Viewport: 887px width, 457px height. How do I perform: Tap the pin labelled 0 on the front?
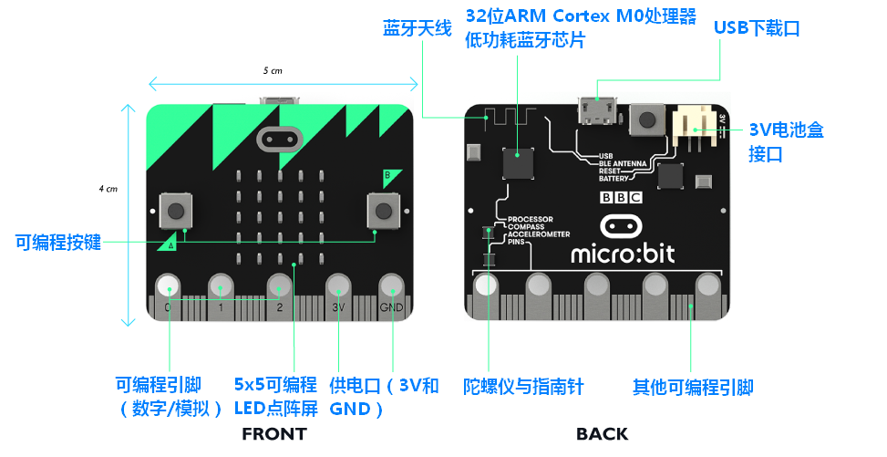168,286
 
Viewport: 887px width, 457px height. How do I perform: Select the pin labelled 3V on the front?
338,286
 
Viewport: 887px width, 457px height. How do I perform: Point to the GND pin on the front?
391,286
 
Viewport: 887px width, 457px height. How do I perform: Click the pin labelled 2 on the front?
279,286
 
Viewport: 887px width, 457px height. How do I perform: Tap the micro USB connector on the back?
596,113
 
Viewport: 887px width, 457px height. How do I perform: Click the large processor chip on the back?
519,161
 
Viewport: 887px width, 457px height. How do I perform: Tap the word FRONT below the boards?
273,434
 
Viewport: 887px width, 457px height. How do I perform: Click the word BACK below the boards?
602,434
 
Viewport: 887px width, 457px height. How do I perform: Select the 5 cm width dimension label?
273,70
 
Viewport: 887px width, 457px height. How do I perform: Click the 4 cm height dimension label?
108,189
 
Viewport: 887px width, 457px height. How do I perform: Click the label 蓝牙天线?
417,28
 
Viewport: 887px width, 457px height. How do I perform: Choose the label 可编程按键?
57,242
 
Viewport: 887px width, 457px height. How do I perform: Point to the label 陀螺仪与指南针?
523,387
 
